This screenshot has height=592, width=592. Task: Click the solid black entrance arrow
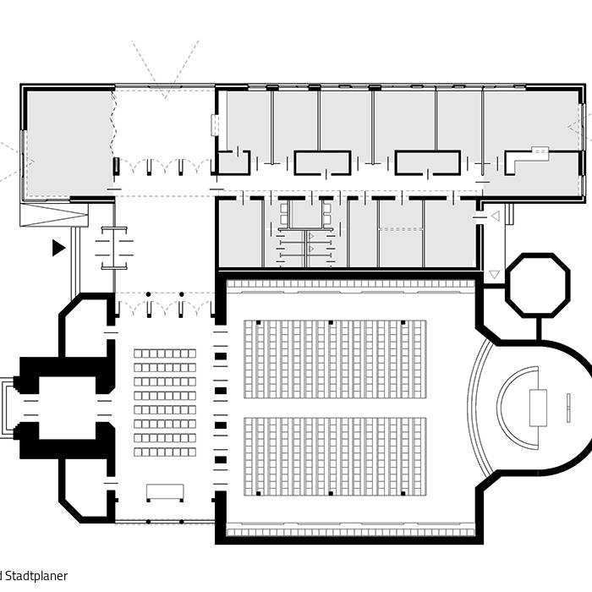pos(58,248)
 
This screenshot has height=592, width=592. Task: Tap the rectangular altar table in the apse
pos(539,408)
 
